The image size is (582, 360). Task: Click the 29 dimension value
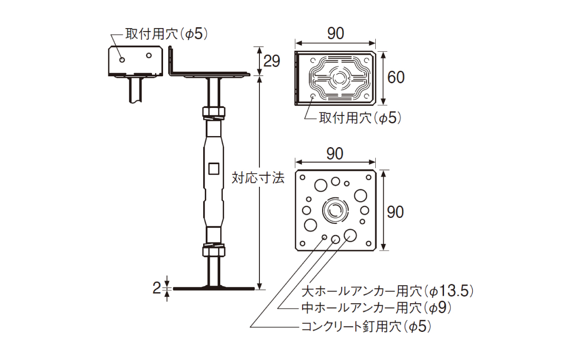[x=271, y=61]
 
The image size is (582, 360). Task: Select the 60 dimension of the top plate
[x=396, y=77]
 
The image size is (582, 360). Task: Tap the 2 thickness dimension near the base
[x=157, y=288]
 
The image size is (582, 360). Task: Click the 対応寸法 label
[x=258, y=178]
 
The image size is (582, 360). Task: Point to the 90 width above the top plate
[x=335, y=34]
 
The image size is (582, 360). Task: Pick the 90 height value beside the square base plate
[x=396, y=212]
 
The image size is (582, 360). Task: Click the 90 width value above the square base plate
[x=335, y=154]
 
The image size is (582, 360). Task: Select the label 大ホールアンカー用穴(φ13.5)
[x=387, y=291]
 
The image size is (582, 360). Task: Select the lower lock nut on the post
[x=214, y=250]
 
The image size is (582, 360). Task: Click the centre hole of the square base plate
[x=335, y=210]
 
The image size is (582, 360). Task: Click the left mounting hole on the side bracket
[x=122, y=60]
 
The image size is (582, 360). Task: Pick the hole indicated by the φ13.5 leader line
[x=350, y=235]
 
